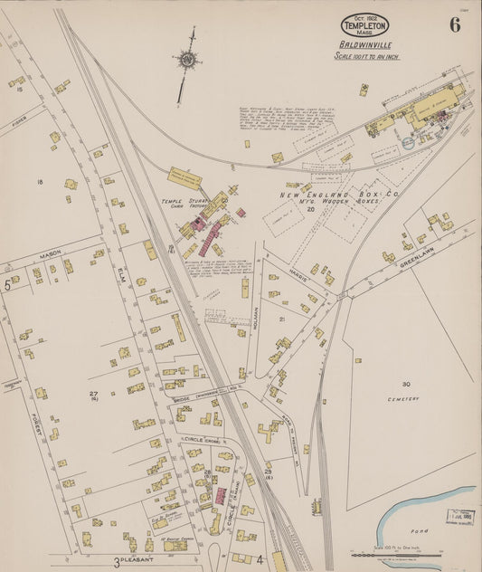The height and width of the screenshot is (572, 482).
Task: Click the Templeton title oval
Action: pyautogui.click(x=365, y=25)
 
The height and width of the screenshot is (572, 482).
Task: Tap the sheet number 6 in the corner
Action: pyautogui.click(x=453, y=24)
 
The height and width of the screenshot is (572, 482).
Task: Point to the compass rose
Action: pyautogui.click(x=188, y=61)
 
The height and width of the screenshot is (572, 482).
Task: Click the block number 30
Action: pyautogui.click(x=406, y=384)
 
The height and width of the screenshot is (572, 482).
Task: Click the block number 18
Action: pyautogui.click(x=39, y=182)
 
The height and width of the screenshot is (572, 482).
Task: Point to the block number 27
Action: pyautogui.click(x=93, y=394)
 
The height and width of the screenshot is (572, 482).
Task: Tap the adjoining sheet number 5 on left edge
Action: pyautogui.click(x=6, y=285)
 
